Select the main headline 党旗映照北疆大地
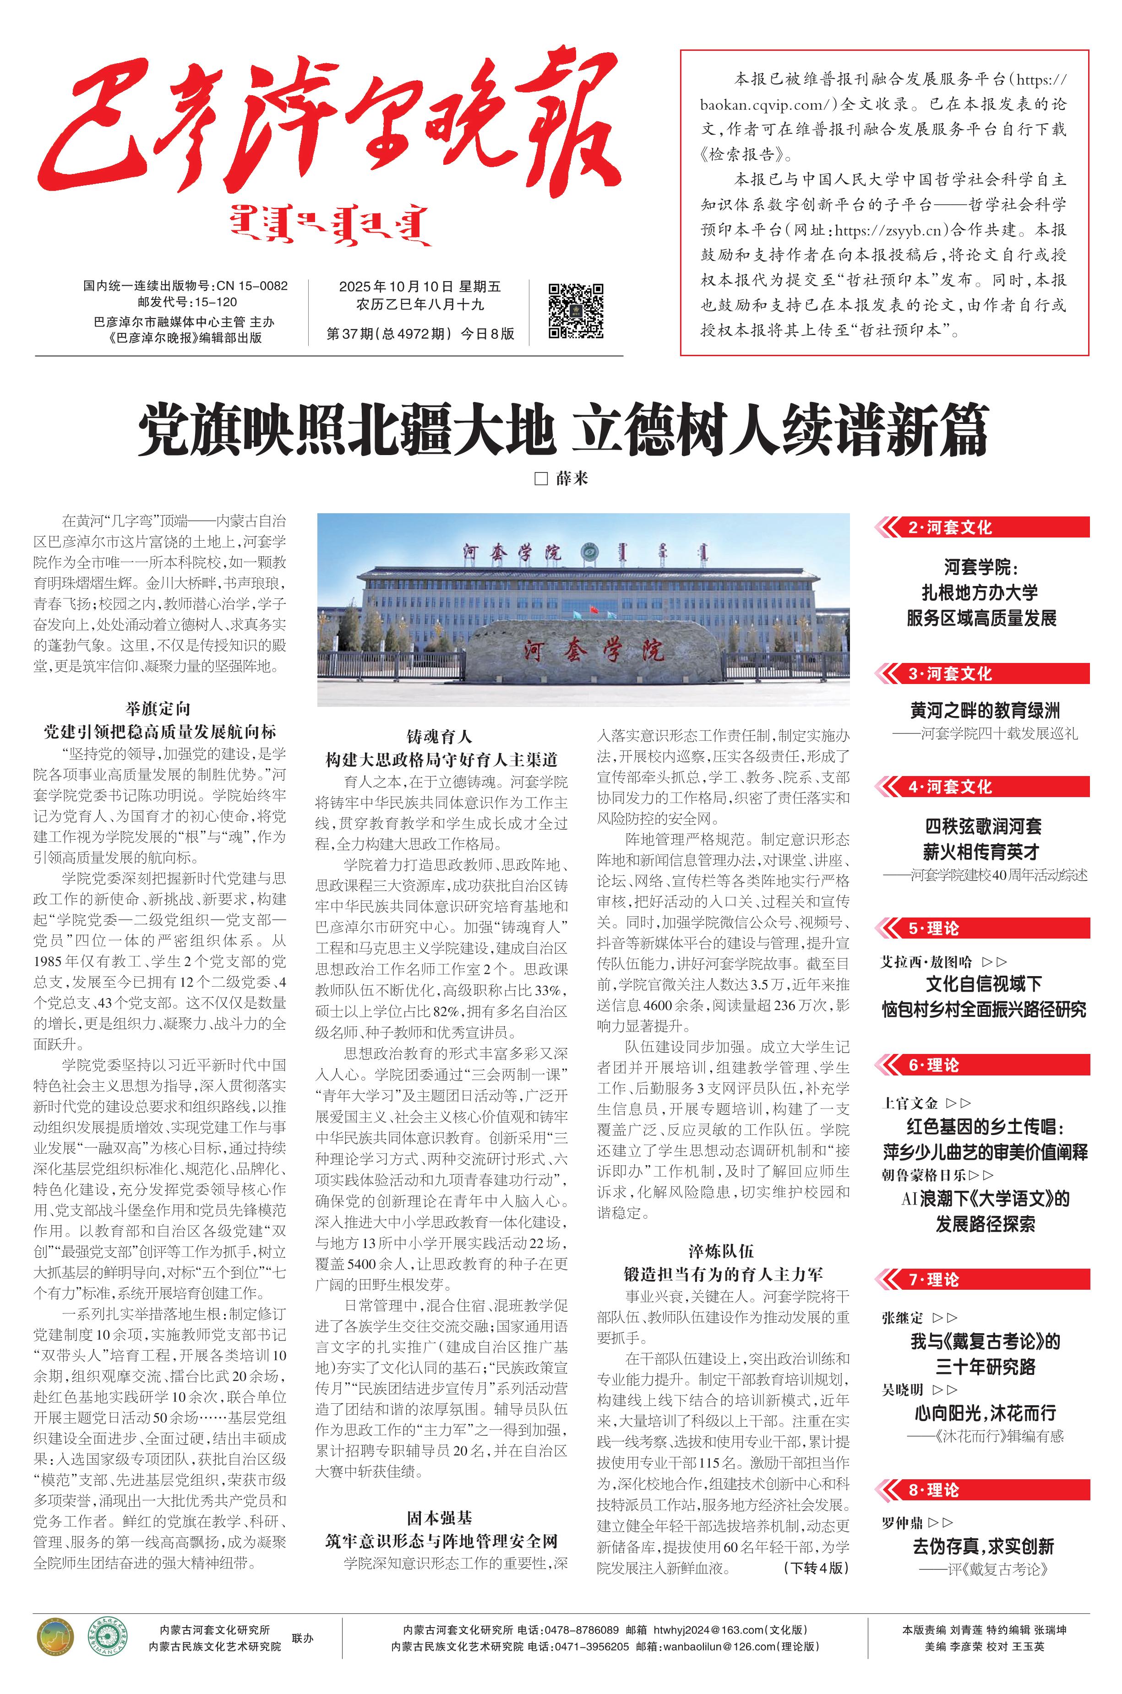coord(347,430)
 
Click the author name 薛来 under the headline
coord(572,478)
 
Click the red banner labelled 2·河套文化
coord(982,528)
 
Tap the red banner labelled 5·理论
coord(982,928)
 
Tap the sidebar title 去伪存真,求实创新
coord(983,1547)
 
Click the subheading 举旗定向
coord(158,709)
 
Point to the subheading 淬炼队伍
coord(721,1251)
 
